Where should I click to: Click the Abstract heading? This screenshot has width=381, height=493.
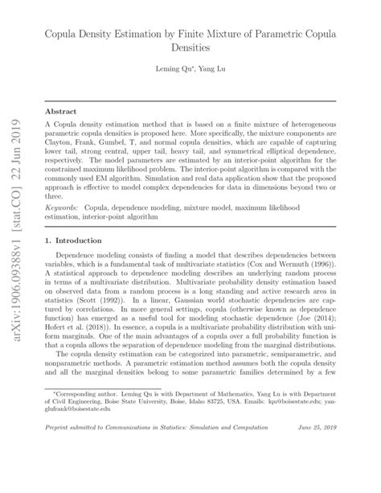pyautogui.click(x=60, y=113)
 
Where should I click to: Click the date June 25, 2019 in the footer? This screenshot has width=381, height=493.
pyautogui.click(x=317, y=472)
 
